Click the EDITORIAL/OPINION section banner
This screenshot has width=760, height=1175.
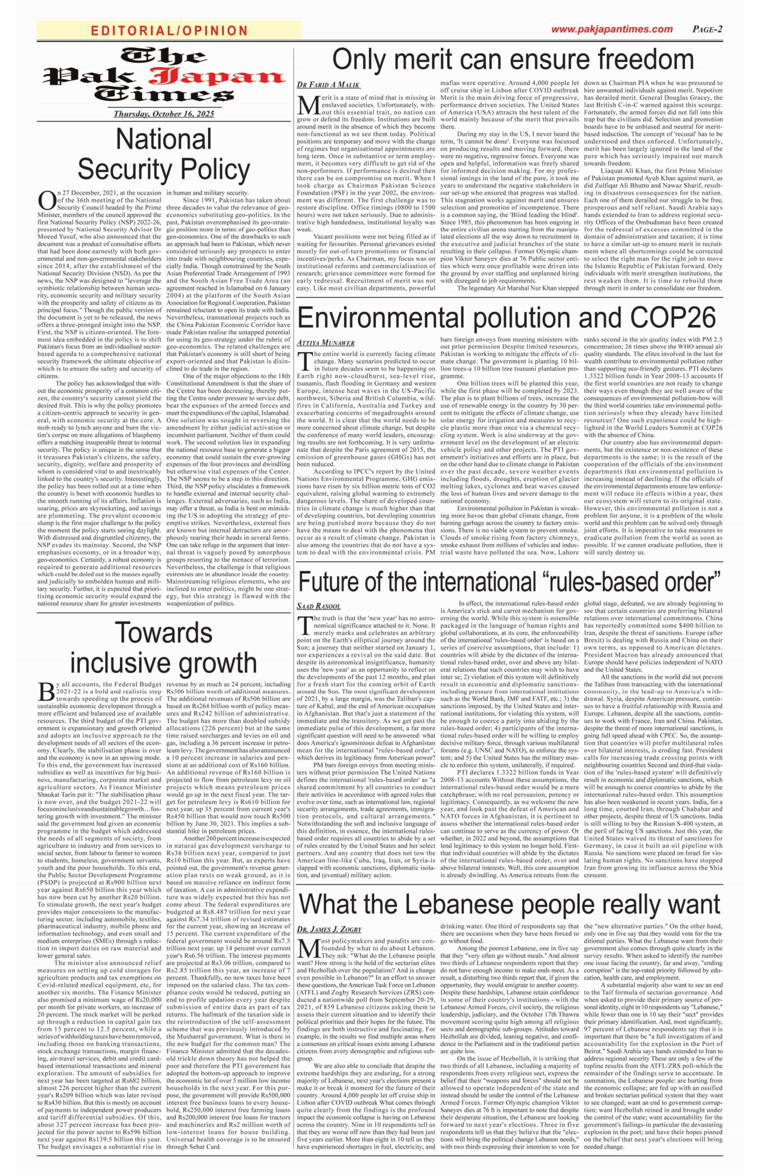point(169,31)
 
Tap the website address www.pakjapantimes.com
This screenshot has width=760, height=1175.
point(611,29)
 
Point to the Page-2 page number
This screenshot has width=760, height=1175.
point(707,29)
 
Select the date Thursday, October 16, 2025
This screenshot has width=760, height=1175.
point(164,114)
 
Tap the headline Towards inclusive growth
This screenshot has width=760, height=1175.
point(163,647)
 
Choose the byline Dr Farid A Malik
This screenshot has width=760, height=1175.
point(328,85)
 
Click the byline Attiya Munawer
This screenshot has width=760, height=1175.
point(326,342)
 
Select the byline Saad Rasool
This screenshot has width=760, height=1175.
point(319,606)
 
